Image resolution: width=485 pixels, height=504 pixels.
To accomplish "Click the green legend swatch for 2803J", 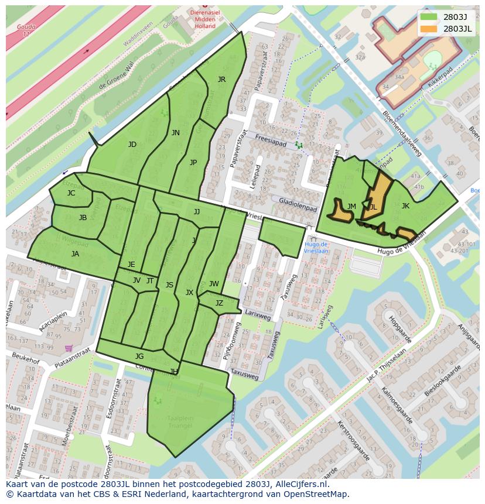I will pos(428,16).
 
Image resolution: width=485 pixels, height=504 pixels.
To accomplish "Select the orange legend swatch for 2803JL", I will pos(428,29).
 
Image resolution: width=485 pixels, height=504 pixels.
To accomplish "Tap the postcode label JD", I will pos(132,145).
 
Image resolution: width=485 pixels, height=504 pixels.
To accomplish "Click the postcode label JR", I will pos(221,80).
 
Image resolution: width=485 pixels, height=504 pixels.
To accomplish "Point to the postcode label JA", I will pos(75,254).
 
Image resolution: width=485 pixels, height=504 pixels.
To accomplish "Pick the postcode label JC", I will pos(71,193).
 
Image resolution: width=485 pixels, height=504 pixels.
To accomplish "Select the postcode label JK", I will pos(405,206).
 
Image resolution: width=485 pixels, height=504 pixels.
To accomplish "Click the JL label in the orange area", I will pos(373,207).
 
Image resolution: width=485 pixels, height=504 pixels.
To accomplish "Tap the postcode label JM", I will pos(351,207).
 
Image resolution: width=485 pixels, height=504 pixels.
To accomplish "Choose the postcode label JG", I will pos(139,356).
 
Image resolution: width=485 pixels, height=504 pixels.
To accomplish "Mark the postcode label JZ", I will pos(219,303).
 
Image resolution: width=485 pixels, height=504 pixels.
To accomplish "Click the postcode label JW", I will pos(214,284).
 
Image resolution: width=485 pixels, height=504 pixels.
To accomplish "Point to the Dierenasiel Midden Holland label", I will pos(204,19).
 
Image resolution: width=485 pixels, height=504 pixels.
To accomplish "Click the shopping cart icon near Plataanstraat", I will pos(69,348).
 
